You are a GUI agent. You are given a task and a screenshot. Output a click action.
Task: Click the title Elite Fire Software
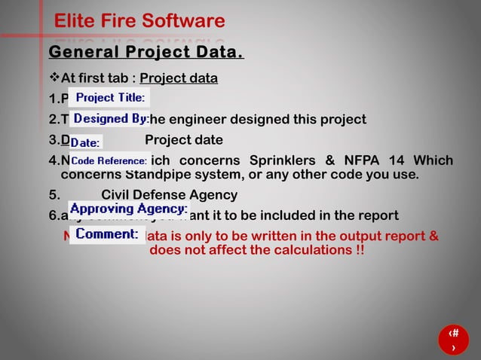pyautogui.click(x=139, y=21)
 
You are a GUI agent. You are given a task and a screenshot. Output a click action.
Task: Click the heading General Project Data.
pyautogui.click(x=146, y=53)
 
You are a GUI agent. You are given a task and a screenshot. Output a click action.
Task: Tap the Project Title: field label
pyautogui.click(x=110, y=97)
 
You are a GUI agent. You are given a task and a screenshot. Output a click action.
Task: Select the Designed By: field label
pyautogui.click(x=110, y=119)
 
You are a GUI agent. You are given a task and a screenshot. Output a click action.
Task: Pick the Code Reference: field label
pyautogui.click(x=109, y=161)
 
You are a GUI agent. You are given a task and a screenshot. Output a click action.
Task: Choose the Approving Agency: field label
pyautogui.click(x=128, y=209)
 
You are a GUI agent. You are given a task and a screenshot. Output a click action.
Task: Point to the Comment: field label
pyautogui.click(x=106, y=234)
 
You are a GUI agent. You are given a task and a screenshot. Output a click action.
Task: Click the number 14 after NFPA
pyautogui.click(x=395, y=160)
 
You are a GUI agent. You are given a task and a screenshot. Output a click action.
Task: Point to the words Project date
pyautogui.click(x=183, y=140)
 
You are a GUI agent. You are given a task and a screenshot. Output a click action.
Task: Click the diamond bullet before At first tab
pyautogui.click(x=54, y=78)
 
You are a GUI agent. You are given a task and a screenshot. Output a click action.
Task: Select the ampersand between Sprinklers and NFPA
pyautogui.click(x=334, y=160)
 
